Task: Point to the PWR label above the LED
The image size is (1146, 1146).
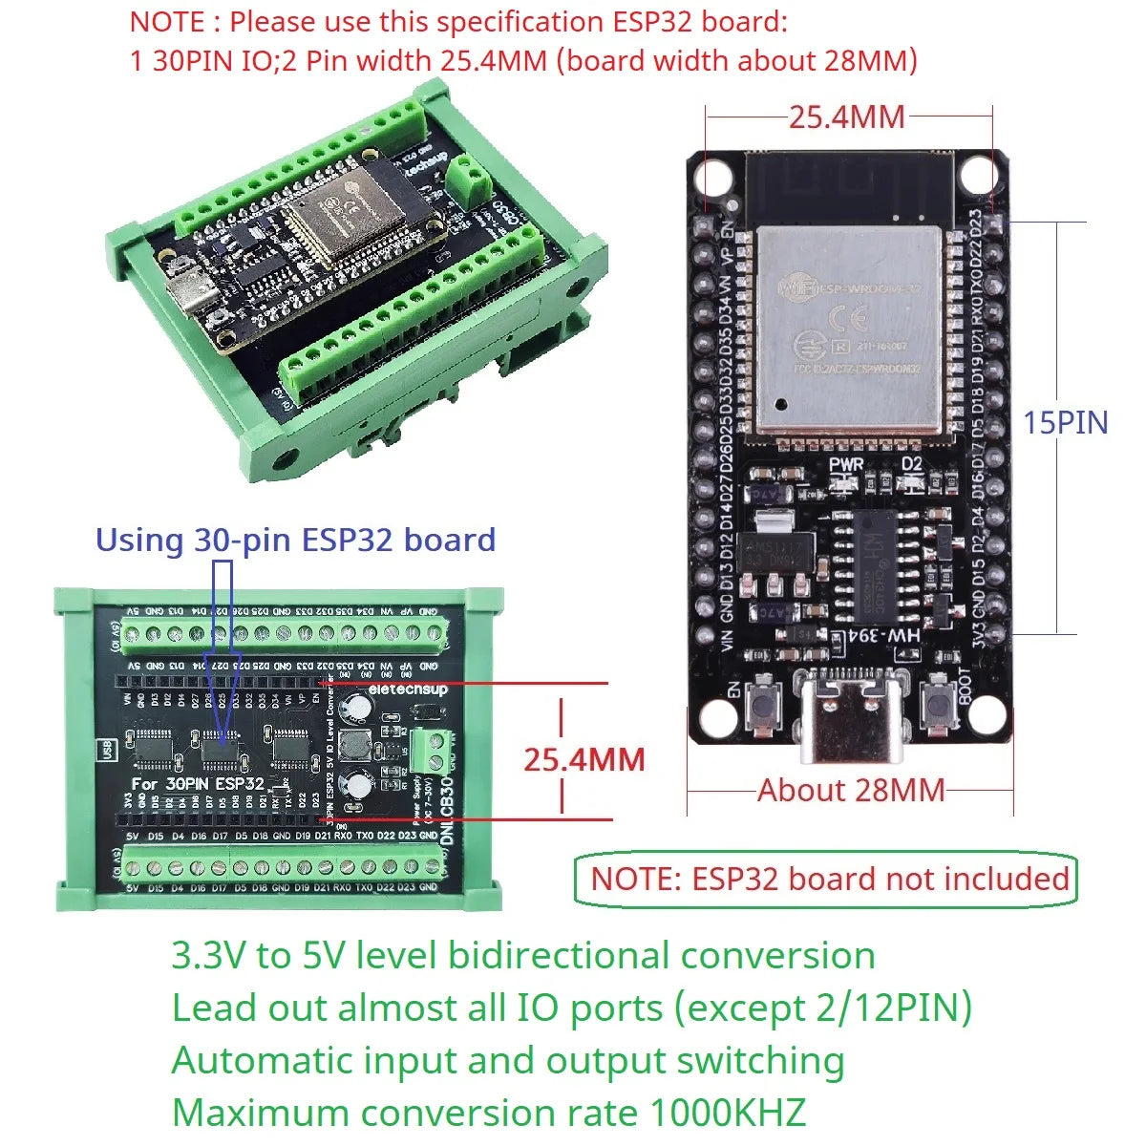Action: click(846, 464)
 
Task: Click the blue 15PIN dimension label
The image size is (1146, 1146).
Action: click(1066, 422)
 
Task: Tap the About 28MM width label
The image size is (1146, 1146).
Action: click(850, 791)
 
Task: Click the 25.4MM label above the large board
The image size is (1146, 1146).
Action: click(846, 117)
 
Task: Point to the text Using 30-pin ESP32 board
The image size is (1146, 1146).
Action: click(295, 540)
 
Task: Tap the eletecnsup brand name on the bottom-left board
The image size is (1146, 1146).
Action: click(408, 689)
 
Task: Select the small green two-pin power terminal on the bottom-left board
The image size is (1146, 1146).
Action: click(432, 747)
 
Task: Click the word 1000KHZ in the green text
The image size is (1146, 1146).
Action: click(727, 1113)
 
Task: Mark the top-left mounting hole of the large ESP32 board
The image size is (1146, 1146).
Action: click(710, 178)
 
